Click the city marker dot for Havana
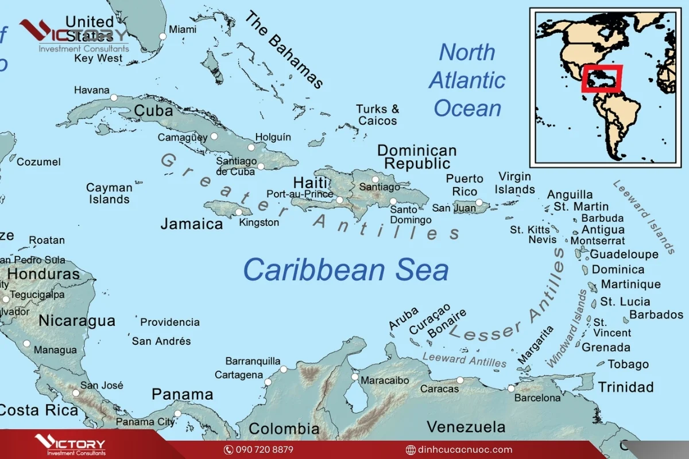pos(114,98)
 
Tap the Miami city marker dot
pos(162,36)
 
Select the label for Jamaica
pos(191,224)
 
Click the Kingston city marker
pos(239,212)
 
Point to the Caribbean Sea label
pos(346,270)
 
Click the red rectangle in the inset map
pos(601,79)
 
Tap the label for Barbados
pos(656,314)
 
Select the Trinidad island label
pos(626,387)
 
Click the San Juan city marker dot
pos(479,202)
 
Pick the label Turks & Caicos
pos(377,115)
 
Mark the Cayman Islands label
pos(109,193)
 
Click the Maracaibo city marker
pos(355,377)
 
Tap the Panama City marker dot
pos(177,413)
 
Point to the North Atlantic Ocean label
pos(467,80)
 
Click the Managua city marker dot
pos(26,344)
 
